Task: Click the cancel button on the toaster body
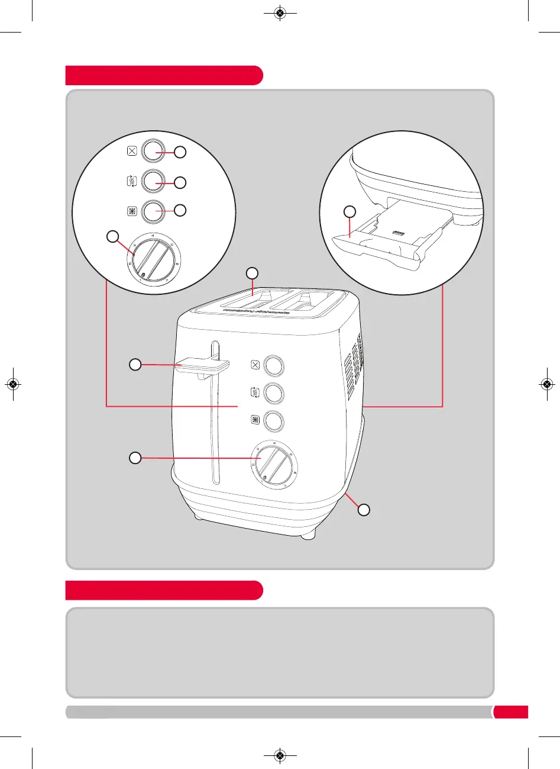(273, 365)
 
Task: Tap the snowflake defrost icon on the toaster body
(255, 420)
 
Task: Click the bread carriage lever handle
(201, 368)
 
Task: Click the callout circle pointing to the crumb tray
(350, 211)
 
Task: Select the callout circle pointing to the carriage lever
(135, 365)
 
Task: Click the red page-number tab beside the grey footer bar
(511, 712)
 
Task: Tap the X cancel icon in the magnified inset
(132, 151)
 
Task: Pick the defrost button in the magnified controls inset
(153, 210)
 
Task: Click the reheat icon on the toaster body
(255, 392)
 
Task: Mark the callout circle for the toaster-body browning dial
(135, 457)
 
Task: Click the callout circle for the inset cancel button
(181, 152)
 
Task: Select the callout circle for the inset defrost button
(181, 210)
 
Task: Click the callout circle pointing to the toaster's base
(365, 509)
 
